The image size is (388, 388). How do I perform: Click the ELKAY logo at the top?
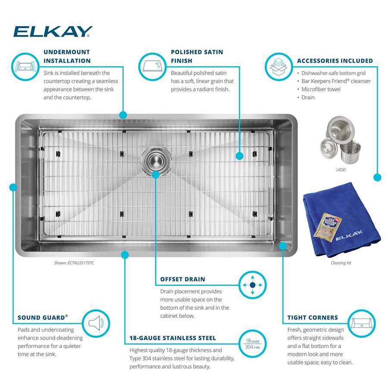click(53, 31)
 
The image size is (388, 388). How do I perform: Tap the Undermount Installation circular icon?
click(25, 67)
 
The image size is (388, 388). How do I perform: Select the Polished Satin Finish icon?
click(152, 67)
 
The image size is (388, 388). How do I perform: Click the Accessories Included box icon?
click(278, 67)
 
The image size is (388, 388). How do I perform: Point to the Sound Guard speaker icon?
click(96, 323)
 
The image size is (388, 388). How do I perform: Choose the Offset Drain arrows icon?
click(253, 285)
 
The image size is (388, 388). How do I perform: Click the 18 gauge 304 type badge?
click(252, 343)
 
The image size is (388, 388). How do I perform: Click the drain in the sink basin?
click(156, 160)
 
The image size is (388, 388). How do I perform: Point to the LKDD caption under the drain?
click(341, 170)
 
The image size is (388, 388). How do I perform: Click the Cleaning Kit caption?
click(341, 263)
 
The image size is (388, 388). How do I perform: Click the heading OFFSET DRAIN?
click(183, 279)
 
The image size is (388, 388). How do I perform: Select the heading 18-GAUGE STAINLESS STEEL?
click(173, 338)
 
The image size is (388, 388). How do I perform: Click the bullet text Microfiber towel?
click(321, 89)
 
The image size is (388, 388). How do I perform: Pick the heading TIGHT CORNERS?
click(313, 318)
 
